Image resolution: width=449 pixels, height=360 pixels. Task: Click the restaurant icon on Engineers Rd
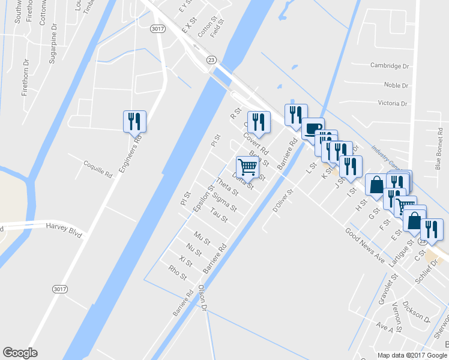point(133,122)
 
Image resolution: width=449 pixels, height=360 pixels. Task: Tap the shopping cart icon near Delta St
point(247,167)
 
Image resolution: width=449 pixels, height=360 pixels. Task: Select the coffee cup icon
point(312,128)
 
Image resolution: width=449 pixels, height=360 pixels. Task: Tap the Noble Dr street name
point(396,86)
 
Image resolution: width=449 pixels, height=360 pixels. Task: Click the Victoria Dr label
point(393,103)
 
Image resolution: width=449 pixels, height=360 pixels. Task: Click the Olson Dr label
point(202,298)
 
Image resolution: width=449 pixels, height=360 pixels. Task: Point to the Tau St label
point(219,215)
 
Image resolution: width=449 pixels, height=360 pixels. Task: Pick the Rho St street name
point(178,273)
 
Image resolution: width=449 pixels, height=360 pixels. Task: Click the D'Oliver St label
point(282,201)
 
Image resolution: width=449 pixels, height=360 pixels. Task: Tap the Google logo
point(20,352)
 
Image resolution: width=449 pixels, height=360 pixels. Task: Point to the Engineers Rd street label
point(129,154)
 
